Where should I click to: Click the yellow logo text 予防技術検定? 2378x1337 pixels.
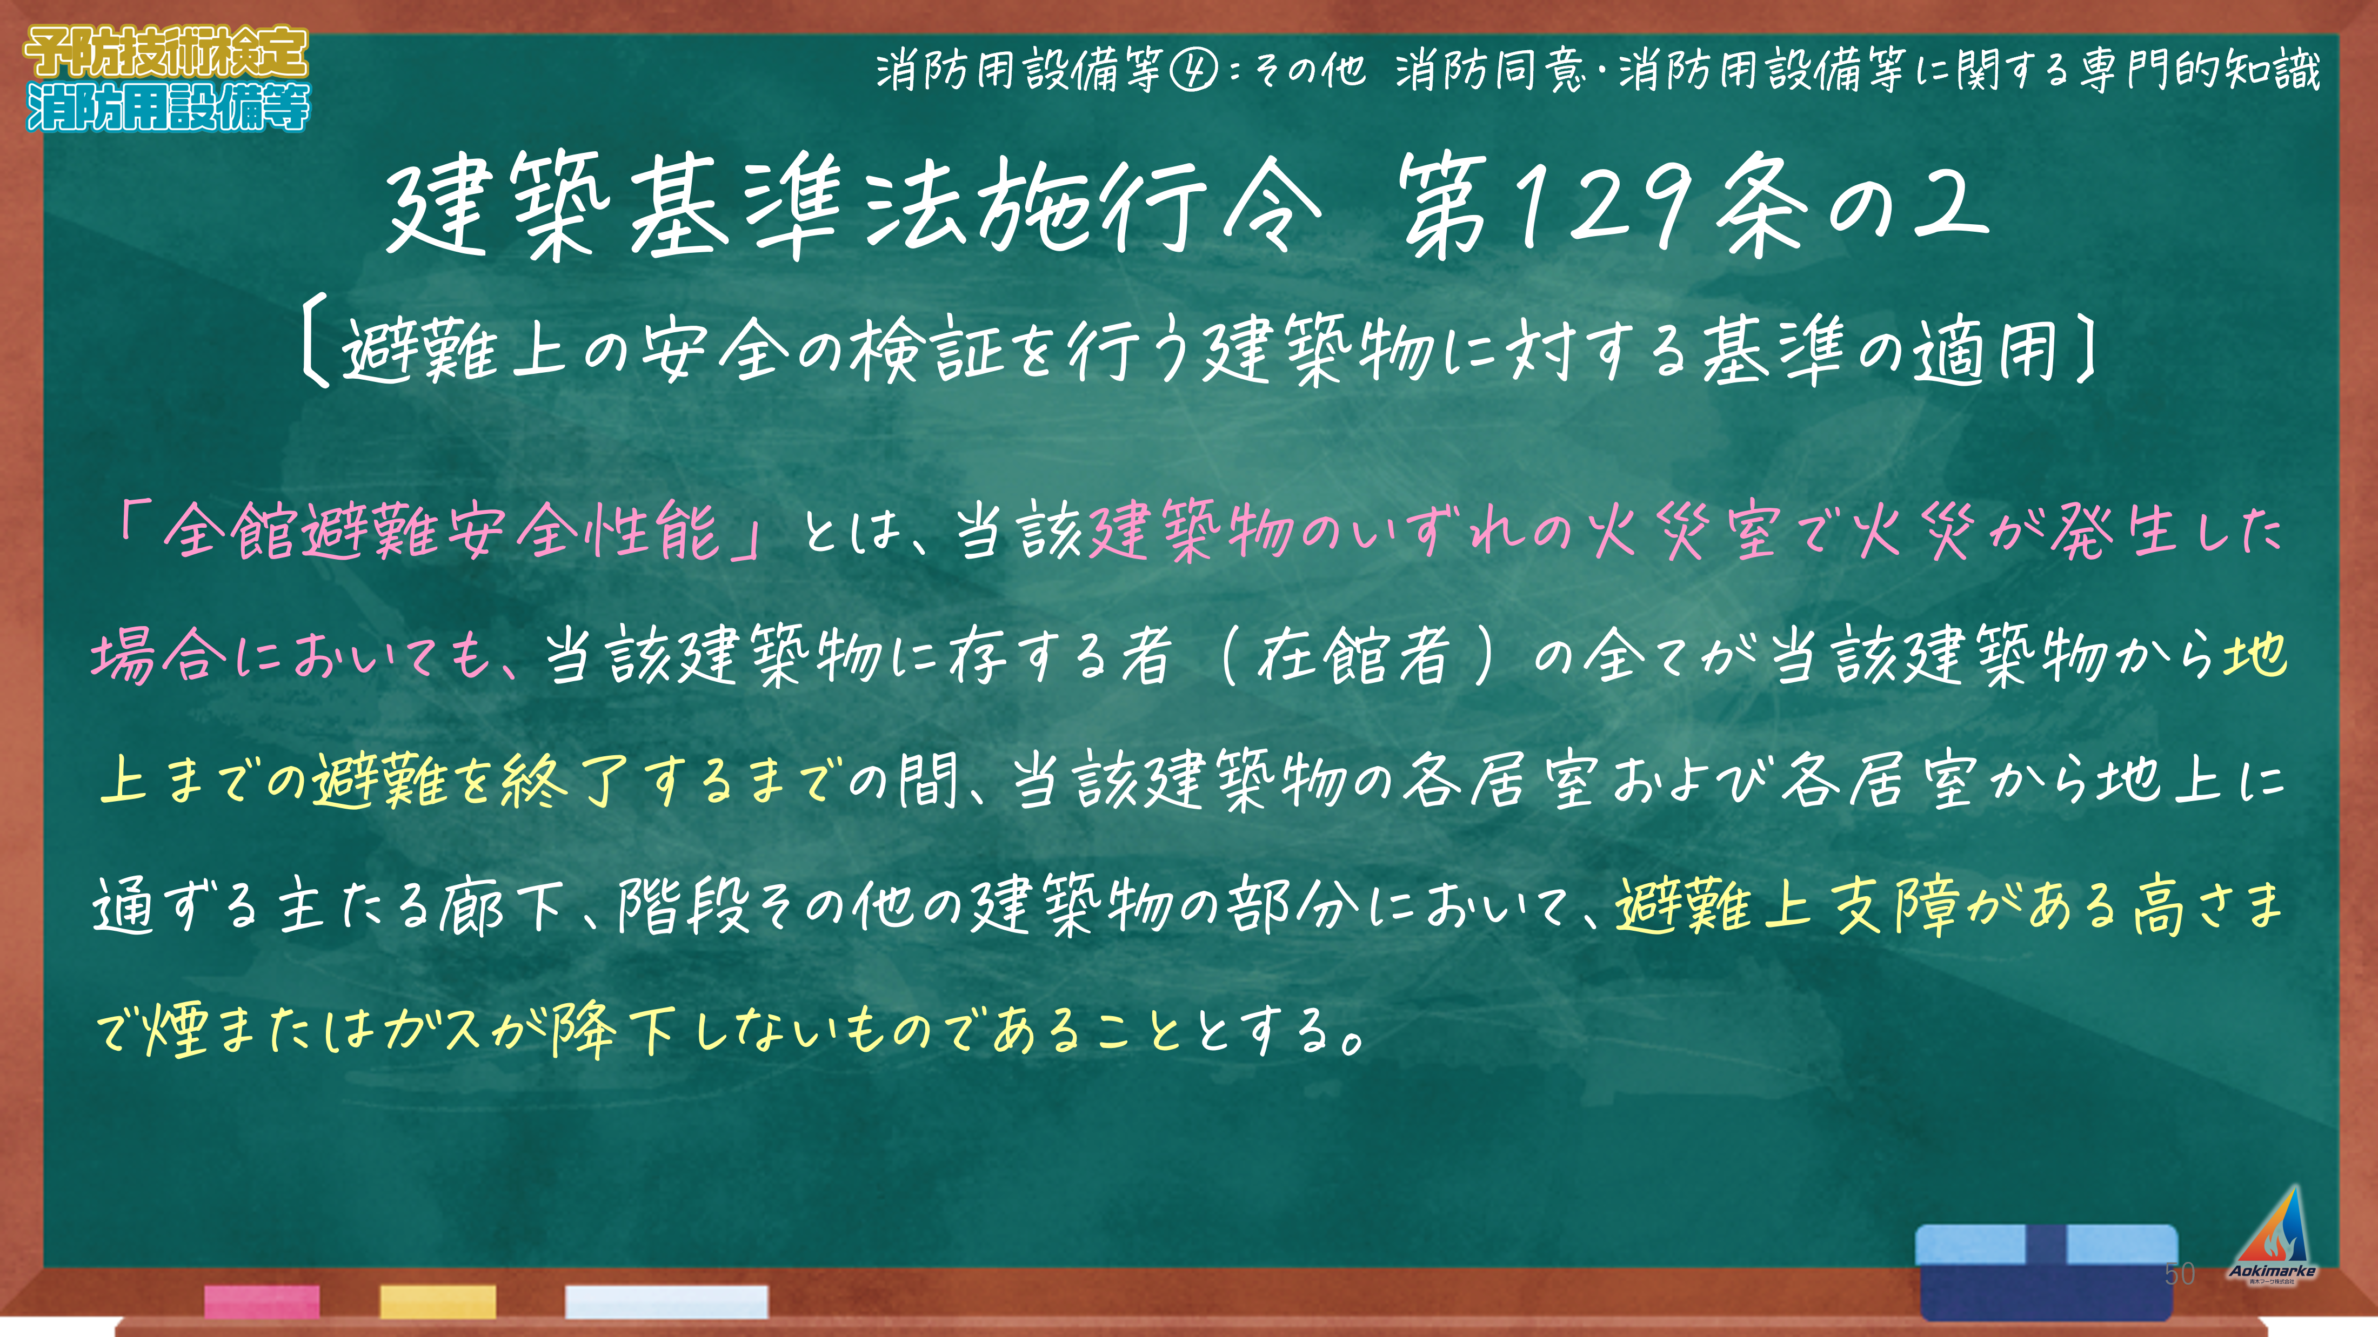166,52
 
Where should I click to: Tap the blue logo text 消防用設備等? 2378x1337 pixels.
168,107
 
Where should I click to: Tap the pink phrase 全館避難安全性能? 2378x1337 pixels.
441,533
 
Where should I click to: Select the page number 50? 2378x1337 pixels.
2180,1274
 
